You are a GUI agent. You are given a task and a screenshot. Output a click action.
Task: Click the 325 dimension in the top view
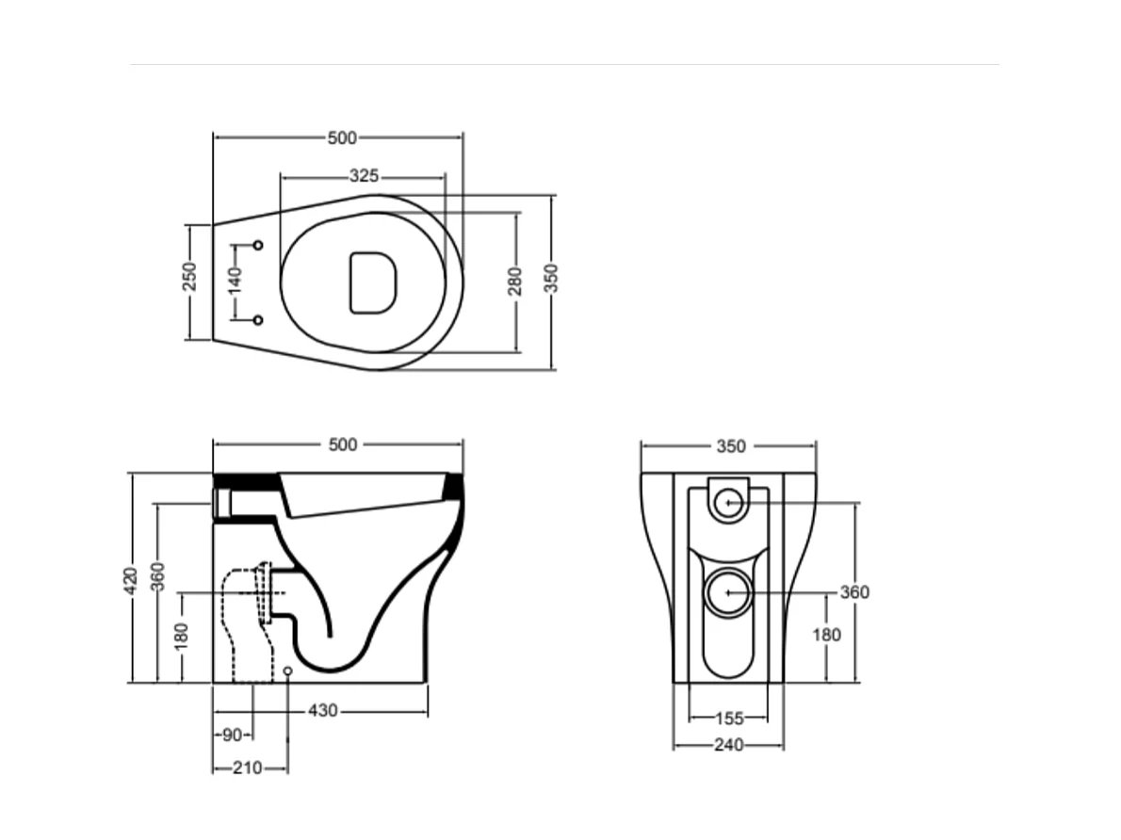pos(364,176)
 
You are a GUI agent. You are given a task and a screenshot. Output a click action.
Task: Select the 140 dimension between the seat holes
pos(236,280)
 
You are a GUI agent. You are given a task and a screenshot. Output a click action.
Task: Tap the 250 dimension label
pos(189,276)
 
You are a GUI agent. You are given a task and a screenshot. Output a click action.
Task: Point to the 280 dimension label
pos(515,281)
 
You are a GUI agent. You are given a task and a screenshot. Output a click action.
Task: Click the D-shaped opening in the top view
pos(372,282)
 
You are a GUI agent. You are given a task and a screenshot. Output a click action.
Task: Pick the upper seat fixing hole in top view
pos(258,245)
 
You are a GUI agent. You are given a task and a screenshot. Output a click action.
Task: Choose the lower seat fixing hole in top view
pos(258,320)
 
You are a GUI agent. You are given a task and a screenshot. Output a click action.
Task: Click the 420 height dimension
pos(132,579)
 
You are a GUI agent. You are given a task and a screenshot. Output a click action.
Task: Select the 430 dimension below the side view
pos(323,711)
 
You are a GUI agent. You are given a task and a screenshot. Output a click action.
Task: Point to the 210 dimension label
pos(247,768)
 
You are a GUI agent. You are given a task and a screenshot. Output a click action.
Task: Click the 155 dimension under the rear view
pos(728,719)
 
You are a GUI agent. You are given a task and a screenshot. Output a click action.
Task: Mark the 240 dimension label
pos(728,745)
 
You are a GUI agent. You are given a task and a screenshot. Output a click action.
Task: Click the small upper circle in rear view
pos(727,503)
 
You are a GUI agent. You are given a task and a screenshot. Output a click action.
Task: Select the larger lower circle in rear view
pos(728,593)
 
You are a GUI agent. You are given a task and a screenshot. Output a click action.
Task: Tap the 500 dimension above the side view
pos(343,444)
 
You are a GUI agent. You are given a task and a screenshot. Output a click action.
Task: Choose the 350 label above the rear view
pos(731,446)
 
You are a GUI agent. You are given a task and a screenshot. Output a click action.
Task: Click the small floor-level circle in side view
pos(287,670)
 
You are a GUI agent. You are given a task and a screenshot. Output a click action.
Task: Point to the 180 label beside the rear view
pos(826,635)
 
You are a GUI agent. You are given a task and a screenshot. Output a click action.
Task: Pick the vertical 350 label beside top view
pos(552,278)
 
